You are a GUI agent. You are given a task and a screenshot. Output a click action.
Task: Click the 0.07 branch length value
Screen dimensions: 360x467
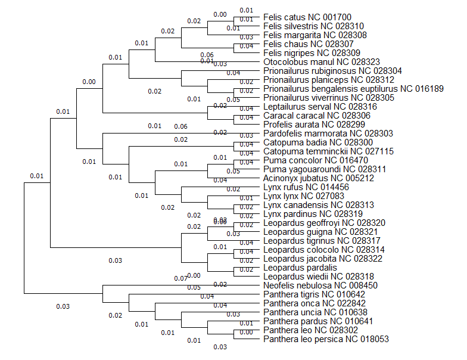click(180, 278)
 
